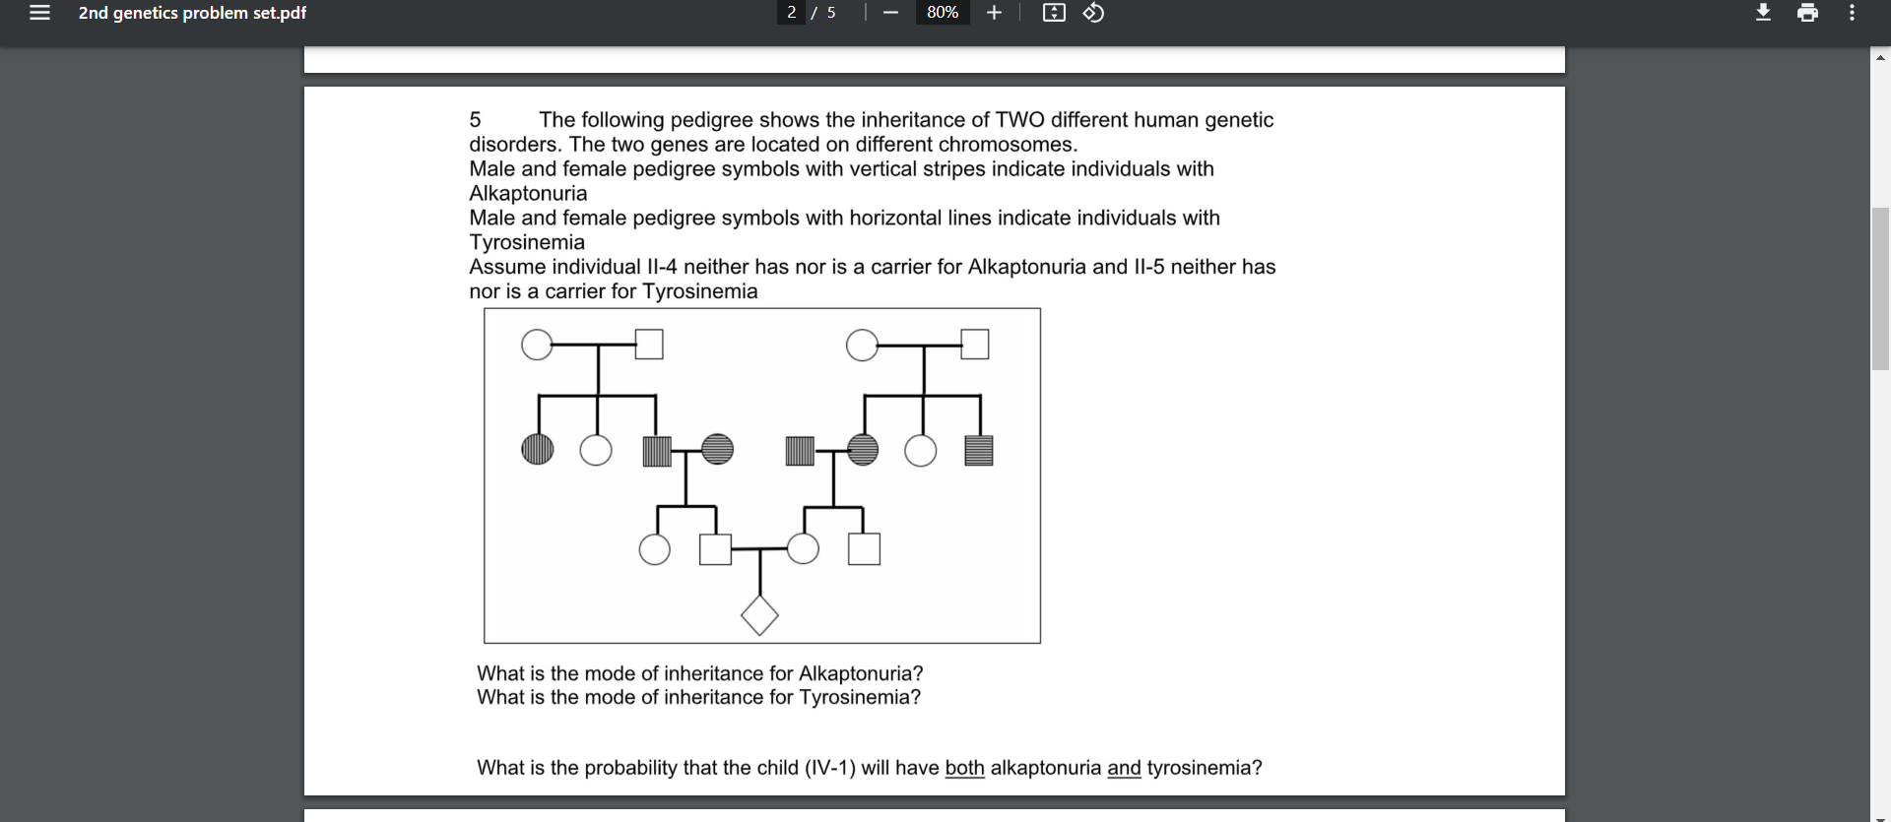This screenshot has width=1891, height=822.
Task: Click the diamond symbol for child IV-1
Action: (759, 615)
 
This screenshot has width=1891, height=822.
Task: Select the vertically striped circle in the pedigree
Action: (537, 450)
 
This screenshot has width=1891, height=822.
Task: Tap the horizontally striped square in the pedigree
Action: (978, 450)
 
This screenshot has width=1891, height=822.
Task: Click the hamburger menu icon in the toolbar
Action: (39, 13)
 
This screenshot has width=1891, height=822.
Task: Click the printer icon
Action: (1807, 13)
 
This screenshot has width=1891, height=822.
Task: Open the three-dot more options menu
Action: (1852, 13)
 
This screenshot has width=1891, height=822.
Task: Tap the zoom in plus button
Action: (994, 13)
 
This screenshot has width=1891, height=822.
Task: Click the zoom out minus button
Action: (890, 13)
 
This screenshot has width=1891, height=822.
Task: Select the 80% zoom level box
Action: (943, 13)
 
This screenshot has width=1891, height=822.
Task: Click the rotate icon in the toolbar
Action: (1093, 13)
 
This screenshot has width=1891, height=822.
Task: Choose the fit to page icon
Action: (1054, 13)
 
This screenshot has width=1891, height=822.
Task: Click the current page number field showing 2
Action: (792, 13)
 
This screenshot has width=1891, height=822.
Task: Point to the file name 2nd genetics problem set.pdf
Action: (192, 13)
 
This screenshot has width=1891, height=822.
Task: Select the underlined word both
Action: (964, 768)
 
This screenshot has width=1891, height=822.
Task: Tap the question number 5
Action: (475, 120)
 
